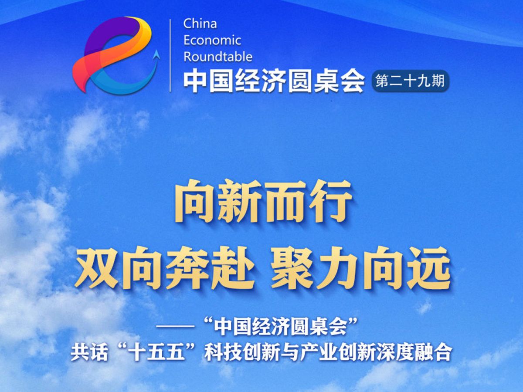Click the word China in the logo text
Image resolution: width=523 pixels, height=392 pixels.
tap(200, 24)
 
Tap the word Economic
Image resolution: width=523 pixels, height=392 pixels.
tap(212, 40)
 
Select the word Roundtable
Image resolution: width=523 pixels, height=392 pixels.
tap(218, 57)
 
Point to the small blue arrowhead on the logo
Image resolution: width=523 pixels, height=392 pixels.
tap(156, 54)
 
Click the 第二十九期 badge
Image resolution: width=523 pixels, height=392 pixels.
tap(411, 81)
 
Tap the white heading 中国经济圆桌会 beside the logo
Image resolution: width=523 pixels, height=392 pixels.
tap(274, 81)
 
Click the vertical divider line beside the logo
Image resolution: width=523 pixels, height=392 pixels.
tap(170, 55)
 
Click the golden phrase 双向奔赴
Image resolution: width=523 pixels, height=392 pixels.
tap(165, 268)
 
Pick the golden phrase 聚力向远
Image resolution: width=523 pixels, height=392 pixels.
tap(361, 268)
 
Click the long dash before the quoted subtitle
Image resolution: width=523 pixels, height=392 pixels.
tap(175, 327)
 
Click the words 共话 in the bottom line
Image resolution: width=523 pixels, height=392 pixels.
tap(89, 353)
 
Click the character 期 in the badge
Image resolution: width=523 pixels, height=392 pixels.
tap(438, 81)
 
